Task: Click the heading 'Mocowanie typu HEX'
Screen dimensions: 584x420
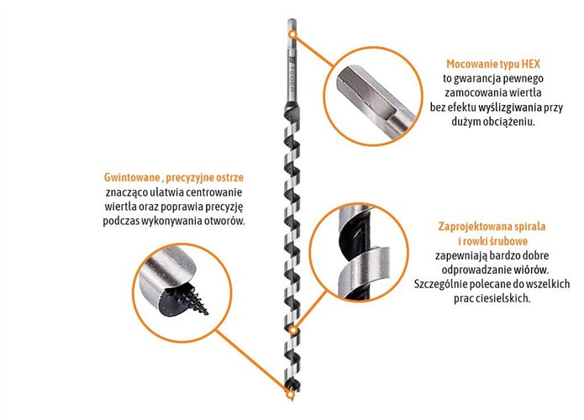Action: point(493,64)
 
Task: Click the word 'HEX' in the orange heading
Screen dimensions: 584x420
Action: point(531,64)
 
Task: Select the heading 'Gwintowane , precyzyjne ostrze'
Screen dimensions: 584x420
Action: point(174,177)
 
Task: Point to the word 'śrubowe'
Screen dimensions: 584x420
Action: point(509,241)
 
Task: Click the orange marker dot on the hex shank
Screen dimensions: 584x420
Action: point(293,34)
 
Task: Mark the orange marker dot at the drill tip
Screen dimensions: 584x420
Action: point(289,394)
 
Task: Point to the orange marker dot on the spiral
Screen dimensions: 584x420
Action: point(294,330)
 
